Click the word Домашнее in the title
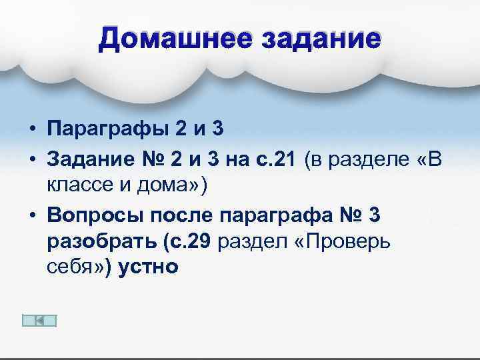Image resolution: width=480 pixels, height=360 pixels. pos(169,39)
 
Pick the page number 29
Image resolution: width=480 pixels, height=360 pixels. pos(200,240)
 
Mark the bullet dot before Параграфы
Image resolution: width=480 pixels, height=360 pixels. pos(31,129)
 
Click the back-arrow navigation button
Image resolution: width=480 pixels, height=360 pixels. pos(39,321)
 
